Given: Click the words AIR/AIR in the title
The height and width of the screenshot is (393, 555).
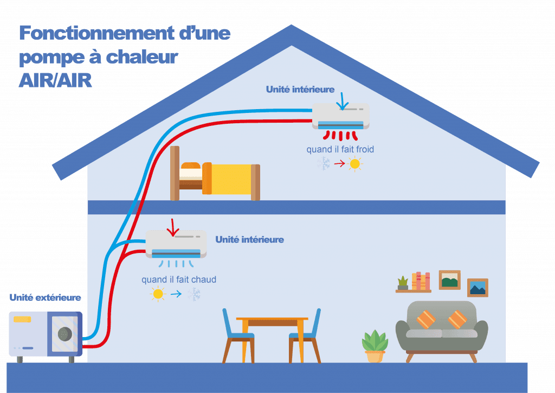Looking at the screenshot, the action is point(55,80).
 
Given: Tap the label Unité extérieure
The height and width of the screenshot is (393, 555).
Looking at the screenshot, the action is point(46,297).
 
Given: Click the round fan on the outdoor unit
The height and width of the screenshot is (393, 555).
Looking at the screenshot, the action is point(65,333).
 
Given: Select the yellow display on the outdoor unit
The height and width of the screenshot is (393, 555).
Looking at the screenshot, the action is point(22,319).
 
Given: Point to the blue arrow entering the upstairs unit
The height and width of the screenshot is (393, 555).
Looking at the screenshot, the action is point(343,102).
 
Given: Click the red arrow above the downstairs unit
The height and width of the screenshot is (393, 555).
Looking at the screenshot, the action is point(173,227).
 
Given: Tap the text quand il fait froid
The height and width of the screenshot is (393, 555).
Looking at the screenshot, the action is point(340,149).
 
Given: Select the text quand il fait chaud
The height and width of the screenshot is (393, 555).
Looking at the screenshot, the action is point(179,280).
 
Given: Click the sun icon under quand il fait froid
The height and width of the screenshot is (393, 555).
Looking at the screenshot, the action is point(354,164).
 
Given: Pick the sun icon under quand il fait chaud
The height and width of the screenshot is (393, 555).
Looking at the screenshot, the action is point(158,294).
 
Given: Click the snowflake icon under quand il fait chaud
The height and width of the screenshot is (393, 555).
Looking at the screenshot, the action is point(194,294).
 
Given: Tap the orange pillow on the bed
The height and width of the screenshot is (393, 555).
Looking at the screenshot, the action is point(191,166).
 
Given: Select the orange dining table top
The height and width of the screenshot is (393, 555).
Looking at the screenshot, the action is point(272,319).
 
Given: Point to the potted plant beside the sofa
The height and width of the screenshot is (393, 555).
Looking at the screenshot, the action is point(375,346).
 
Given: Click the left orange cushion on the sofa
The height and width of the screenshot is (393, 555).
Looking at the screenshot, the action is point(426,319).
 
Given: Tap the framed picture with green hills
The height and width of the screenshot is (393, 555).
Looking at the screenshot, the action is point(449,280).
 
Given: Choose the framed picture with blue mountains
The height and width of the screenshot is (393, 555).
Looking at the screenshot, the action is point(477,288).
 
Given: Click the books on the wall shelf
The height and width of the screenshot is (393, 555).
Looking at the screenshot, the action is point(421,281).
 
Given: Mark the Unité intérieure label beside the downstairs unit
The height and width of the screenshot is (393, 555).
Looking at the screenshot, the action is point(249,240).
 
